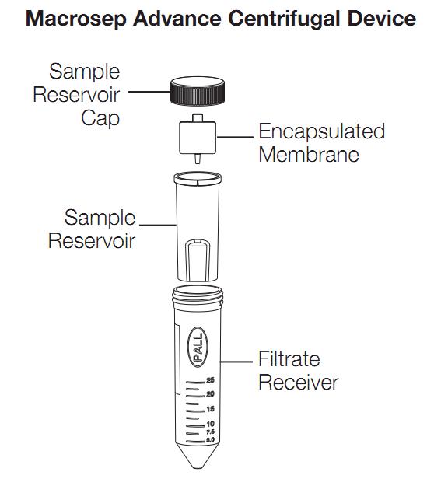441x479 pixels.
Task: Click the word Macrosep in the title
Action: pyautogui.click(x=76, y=19)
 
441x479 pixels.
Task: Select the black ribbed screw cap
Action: pyautogui.click(x=198, y=91)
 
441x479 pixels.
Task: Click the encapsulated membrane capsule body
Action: pyautogui.click(x=198, y=138)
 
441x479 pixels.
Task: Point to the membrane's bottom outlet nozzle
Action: pyautogui.click(x=198, y=159)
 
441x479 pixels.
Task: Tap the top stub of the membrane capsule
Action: pyautogui.click(x=198, y=118)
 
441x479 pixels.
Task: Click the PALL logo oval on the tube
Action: pyautogui.click(x=198, y=347)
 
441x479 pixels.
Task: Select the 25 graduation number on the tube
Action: pyautogui.click(x=210, y=380)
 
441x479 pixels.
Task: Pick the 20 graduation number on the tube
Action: pyautogui.click(x=210, y=394)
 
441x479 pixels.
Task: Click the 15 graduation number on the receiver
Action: pyautogui.click(x=210, y=409)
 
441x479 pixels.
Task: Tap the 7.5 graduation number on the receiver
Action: pyautogui.click(x=210, y=432)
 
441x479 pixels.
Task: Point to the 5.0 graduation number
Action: pyautogui.click(x=210, y=440)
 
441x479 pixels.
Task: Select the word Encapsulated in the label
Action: pyautogui.click(x=322, y=132)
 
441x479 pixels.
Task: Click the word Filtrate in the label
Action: pyautogui.click(x=289, y=358)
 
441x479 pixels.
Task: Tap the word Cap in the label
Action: pyautogui.click(x=100, y=118)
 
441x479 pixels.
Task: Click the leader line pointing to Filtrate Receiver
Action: pyautogui.click(x=236, y=362)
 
